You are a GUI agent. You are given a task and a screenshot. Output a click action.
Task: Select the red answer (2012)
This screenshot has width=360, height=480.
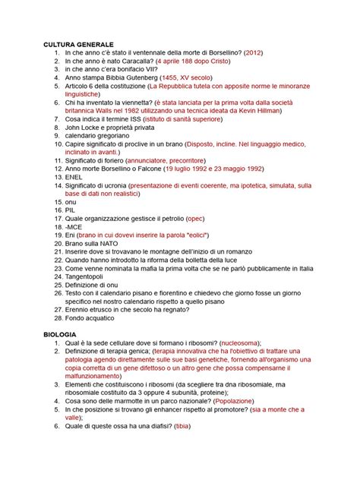pyautogui.click(x=250, y=54)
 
